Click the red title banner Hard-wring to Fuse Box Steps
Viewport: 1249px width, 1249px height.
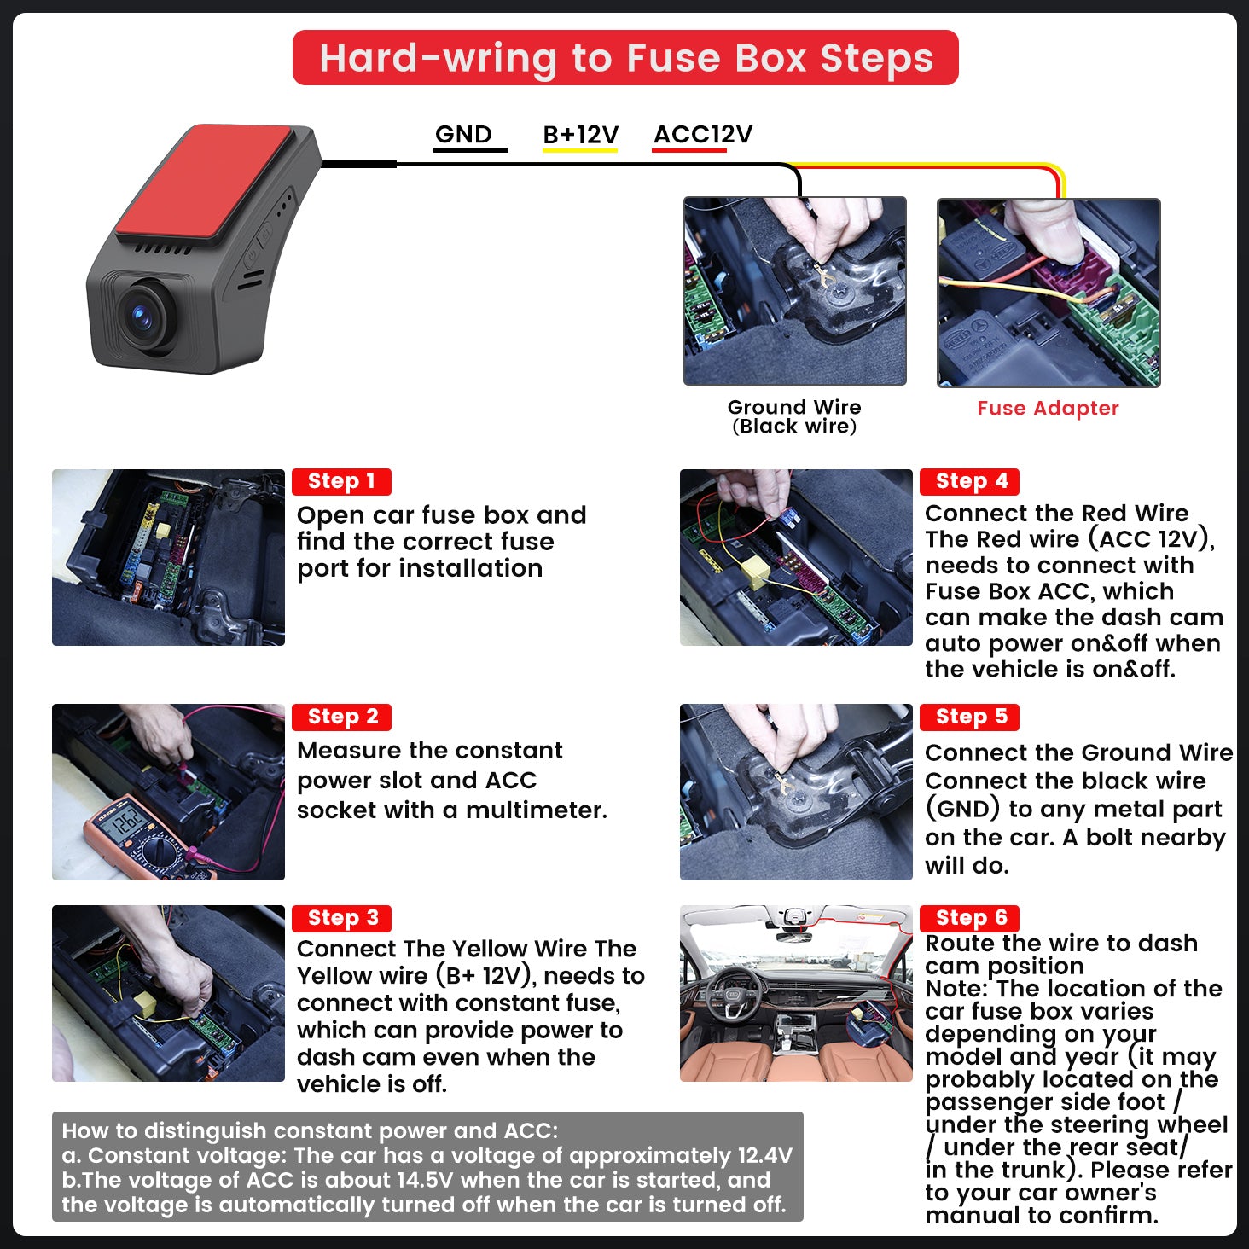coord(624,58)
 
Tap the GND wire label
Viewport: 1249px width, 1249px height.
coord(463,134)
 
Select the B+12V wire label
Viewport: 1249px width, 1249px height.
coord(580,135)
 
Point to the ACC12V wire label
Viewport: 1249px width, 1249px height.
coord(703,134)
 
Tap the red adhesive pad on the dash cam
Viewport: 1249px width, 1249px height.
coord(203,182)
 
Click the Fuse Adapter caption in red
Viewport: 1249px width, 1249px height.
coord(1048,409)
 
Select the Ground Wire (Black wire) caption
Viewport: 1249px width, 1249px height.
coord(794,416)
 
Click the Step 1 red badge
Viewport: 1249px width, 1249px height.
coord(341,481)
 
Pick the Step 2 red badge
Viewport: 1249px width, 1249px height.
coord(341,717)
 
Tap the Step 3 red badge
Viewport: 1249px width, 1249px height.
coord(341,918)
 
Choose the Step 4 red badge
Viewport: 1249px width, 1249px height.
coord(970,481)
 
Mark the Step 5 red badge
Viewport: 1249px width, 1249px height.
coord(970,717)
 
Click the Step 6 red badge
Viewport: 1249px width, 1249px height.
coord(970,918)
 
